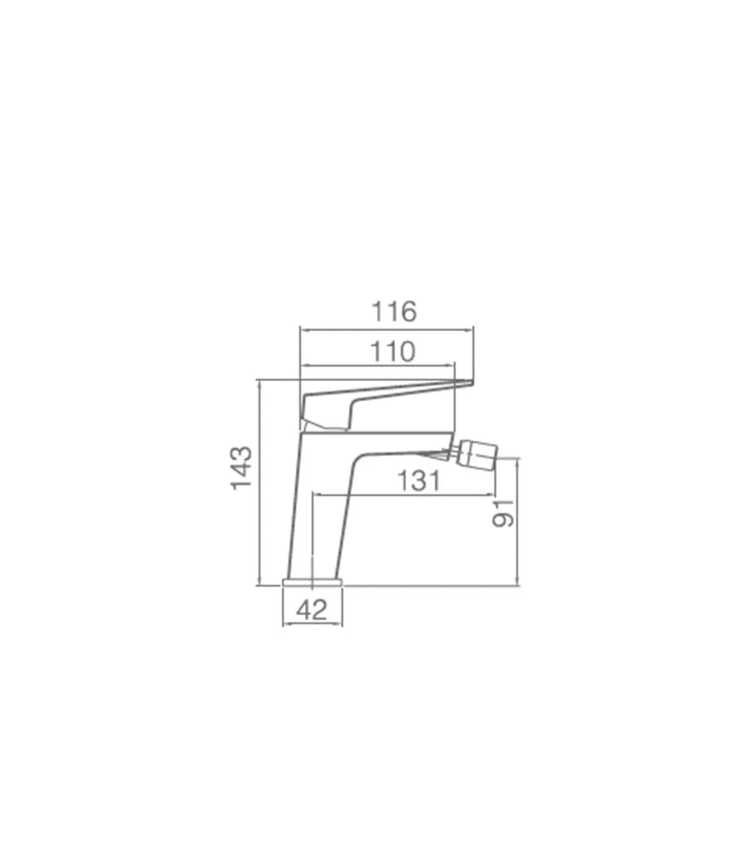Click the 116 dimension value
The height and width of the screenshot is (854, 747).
[394, 311]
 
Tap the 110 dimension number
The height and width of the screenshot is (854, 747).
[393, 352]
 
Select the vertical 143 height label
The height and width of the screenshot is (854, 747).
[242, 468]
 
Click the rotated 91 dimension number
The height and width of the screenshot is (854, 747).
[503, 514]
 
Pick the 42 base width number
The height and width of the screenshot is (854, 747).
[312, 611]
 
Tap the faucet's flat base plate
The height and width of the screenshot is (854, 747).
[312, 582]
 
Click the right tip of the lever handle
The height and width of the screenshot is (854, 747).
[473, 382]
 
